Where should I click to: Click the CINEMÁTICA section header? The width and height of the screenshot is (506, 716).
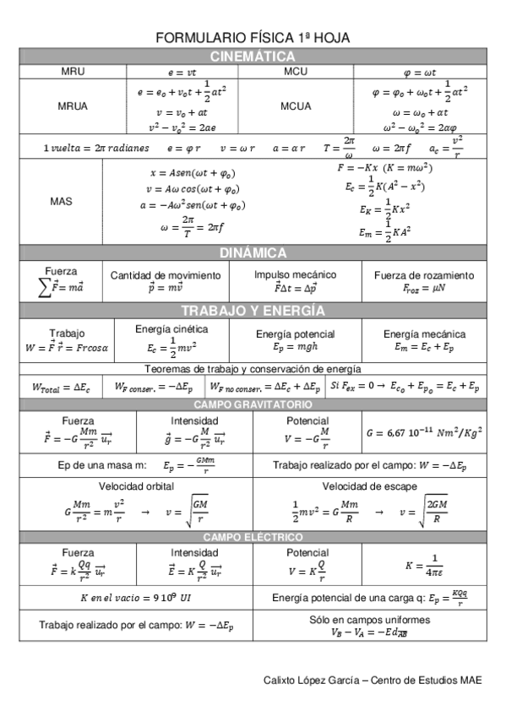pyautogui.click(x=253, y=57)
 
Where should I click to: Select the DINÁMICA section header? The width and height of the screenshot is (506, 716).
pyautogui.click(x=253, y=252)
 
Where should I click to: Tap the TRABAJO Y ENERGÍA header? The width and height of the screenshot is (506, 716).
pyautogui.click(x=253, y=310)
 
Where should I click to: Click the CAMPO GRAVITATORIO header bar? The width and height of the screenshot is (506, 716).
pyautogui.click(x=253, y=404)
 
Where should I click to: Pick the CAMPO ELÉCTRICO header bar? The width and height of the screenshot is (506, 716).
pyautogui.click(x=253, y=537)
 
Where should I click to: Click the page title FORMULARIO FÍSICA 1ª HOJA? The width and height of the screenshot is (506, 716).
pyautogui.click(x=253, y=38)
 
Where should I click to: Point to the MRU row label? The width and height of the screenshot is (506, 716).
pyautogui.click(x=73, y=72)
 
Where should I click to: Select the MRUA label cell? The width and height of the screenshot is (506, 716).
pyautogui.click(x=73, y=106)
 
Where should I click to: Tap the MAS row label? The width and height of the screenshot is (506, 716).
pyautogui.click(x=61, y=201)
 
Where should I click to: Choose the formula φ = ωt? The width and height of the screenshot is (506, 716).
pyautogui.click(x=420, y=73)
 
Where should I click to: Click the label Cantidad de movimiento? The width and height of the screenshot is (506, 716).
pyautogui.click(x=166, y=275)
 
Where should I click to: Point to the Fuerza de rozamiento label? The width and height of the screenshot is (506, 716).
pyautogui.click(x=424, y=275)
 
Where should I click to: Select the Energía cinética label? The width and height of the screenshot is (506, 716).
pyautogui.click(x=171, y=328)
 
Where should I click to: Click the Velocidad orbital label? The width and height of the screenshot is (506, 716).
pyautogui.click(x=134, y=486)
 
